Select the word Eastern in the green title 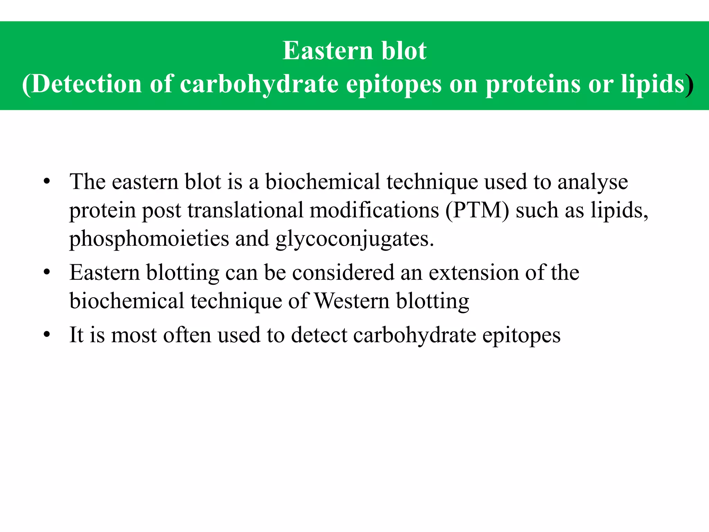point(327,51)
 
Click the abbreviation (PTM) point(477,210)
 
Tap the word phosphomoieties point(149,239)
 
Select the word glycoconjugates point(355,239)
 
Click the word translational point(245,210)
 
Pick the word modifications point(374,210)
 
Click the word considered point(343,273)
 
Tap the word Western point(352,301)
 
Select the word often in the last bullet point(187,335)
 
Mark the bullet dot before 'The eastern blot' point(47,182)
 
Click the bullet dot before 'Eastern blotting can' point(47,273)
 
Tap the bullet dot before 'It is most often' point(47,335)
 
